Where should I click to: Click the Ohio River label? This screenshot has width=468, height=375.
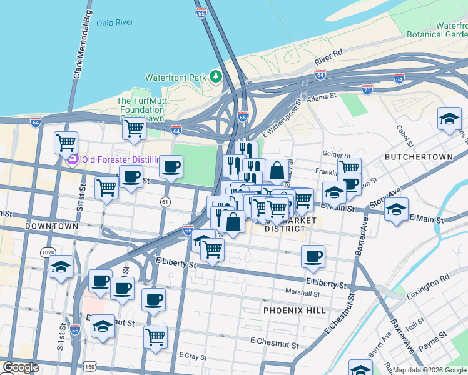tap(115, 23)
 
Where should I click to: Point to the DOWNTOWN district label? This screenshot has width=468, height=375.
tap(52, 226)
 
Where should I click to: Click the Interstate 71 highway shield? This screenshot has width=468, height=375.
tap(367, 89)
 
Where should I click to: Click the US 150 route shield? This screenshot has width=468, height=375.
tap(90, 366)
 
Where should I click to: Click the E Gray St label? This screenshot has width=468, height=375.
tap(193, 355)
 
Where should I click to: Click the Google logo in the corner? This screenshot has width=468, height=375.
tap(21, 367)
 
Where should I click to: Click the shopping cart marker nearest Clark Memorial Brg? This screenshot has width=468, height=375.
tap(66, 142)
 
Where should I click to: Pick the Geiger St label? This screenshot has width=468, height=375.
tap(336, 154)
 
